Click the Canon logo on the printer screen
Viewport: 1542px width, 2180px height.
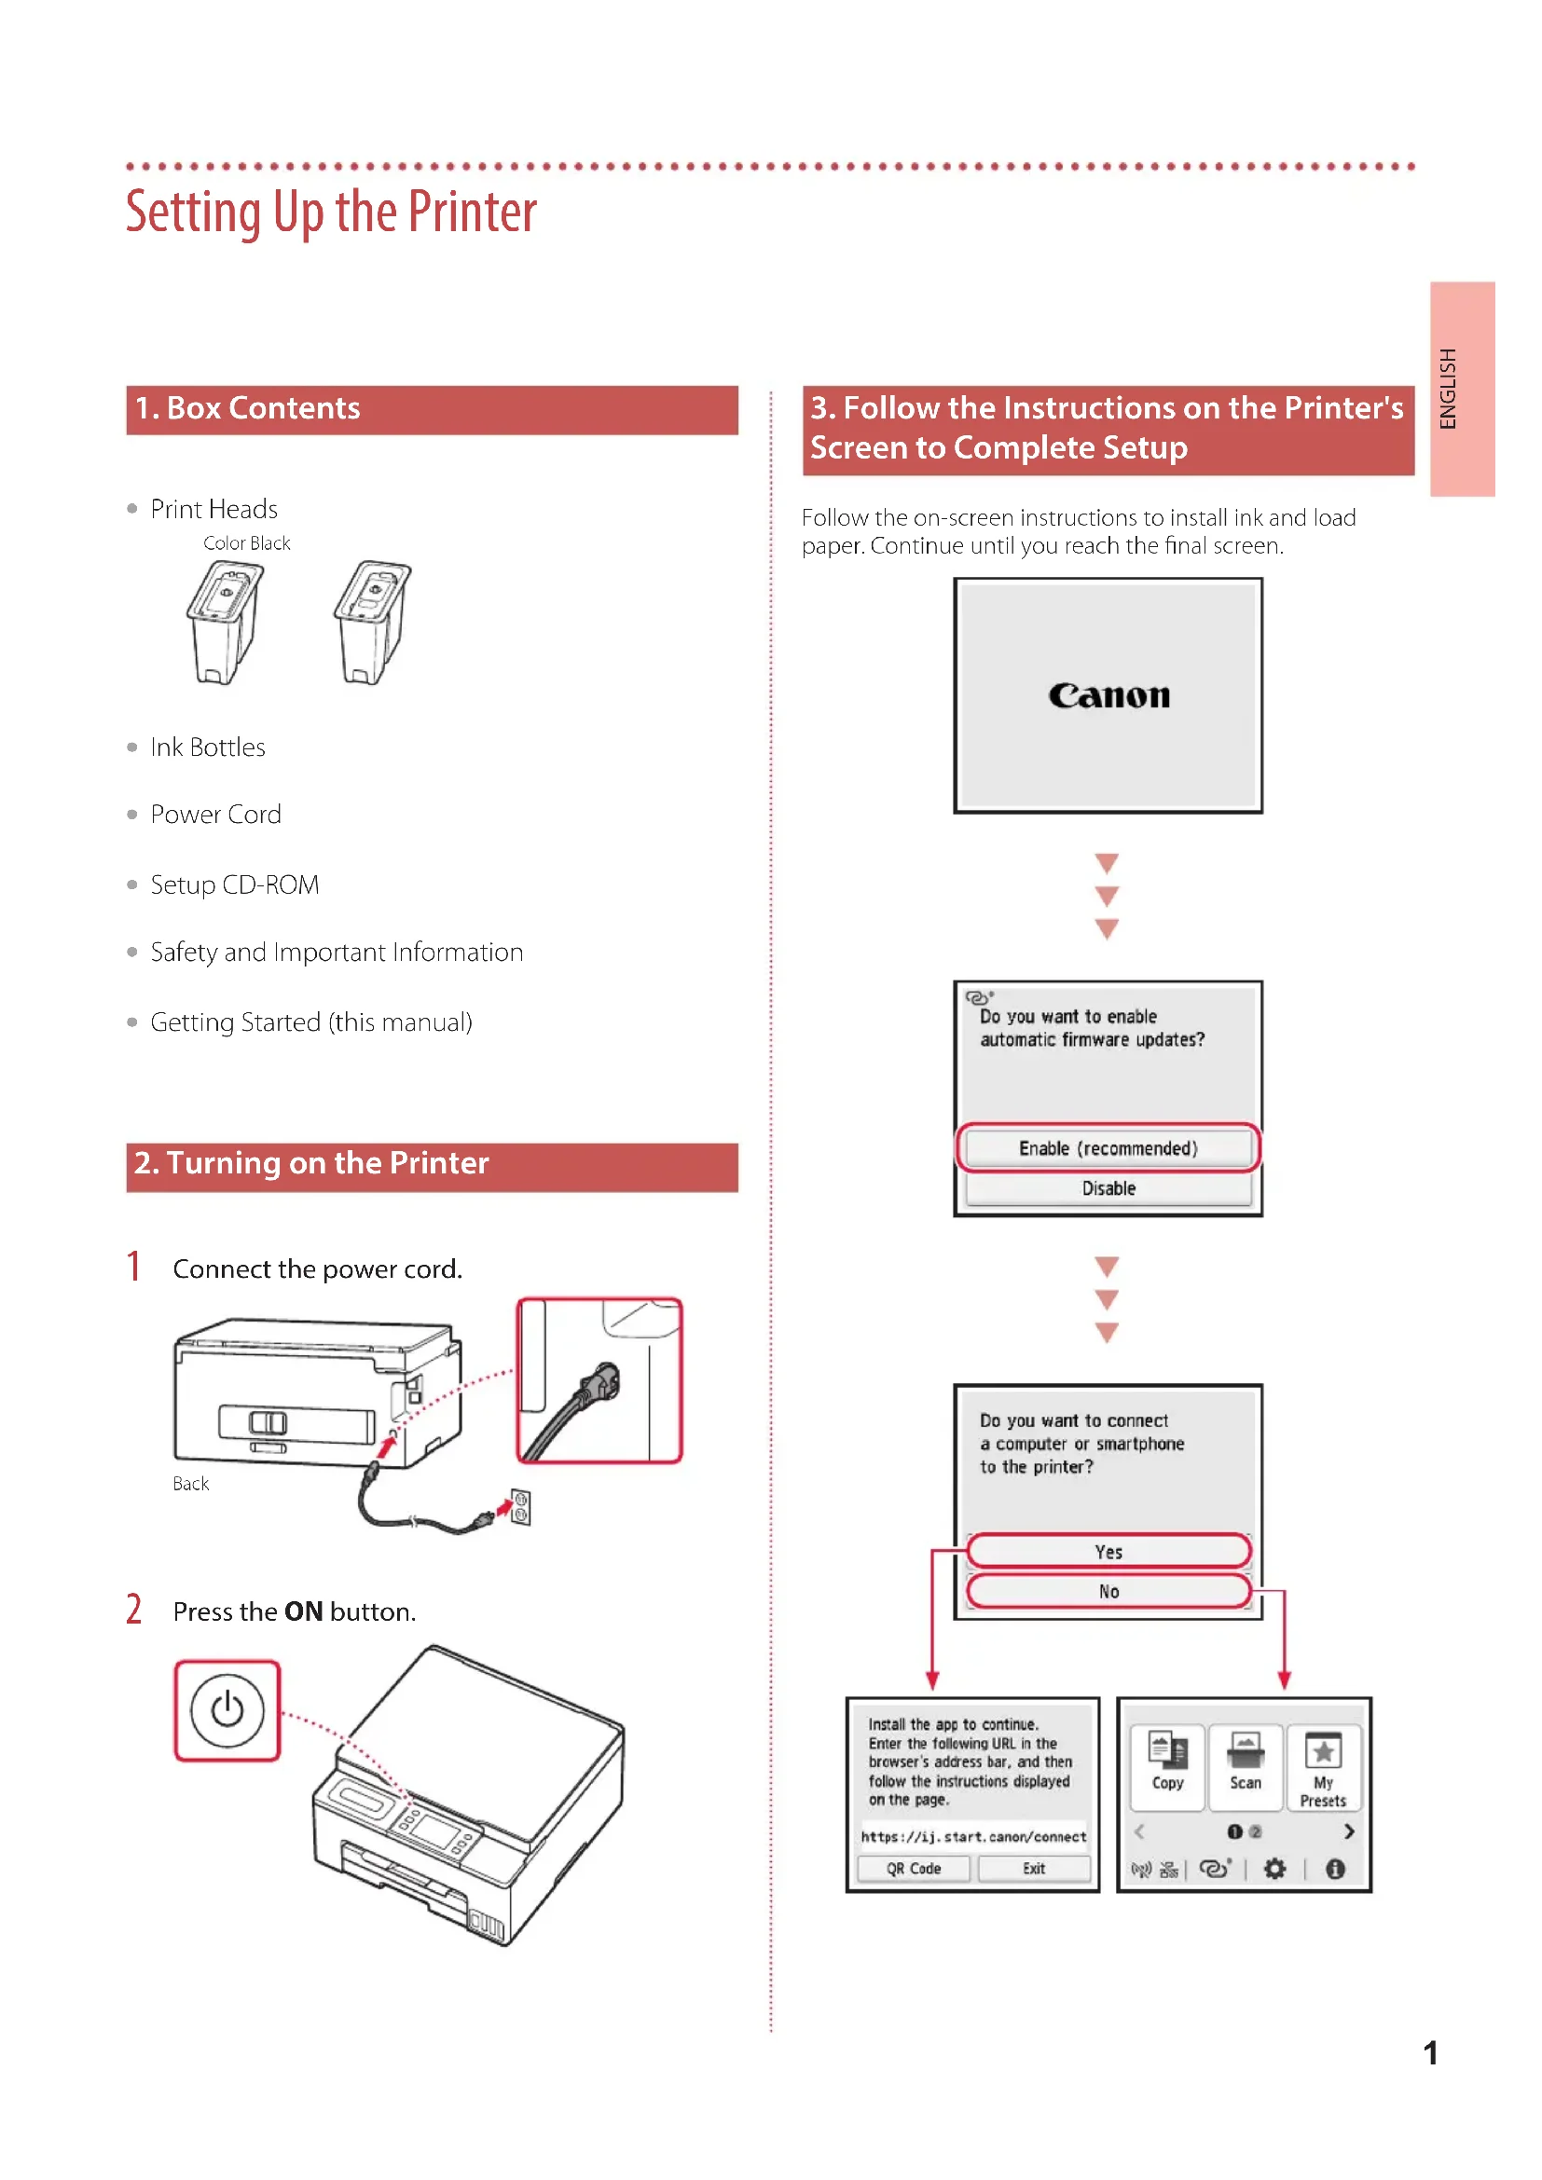point(1108,696)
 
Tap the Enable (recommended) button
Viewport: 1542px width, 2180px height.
point(1108,1148)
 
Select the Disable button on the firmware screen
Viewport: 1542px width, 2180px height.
point(1108,1188)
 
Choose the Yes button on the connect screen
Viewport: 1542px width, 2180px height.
point(1108,1552)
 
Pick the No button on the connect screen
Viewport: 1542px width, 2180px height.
point(1108,1591)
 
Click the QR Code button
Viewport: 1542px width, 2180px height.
point(913,1869)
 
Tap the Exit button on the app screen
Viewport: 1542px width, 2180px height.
point(1033,1869)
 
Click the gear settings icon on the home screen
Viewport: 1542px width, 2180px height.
point(1274,1869)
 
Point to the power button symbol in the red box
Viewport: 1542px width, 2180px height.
point(227,1710)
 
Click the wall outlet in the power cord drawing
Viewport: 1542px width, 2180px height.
point(520,1507)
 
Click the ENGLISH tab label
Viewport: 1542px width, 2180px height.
point(1447,389)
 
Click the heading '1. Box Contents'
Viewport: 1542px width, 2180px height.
point(248,408)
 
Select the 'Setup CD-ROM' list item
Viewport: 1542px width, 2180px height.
point(235,884)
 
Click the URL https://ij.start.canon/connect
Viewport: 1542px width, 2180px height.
point(973,1836)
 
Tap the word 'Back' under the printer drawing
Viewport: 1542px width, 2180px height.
point(191,1483)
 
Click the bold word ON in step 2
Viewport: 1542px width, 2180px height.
point(304,1611)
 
